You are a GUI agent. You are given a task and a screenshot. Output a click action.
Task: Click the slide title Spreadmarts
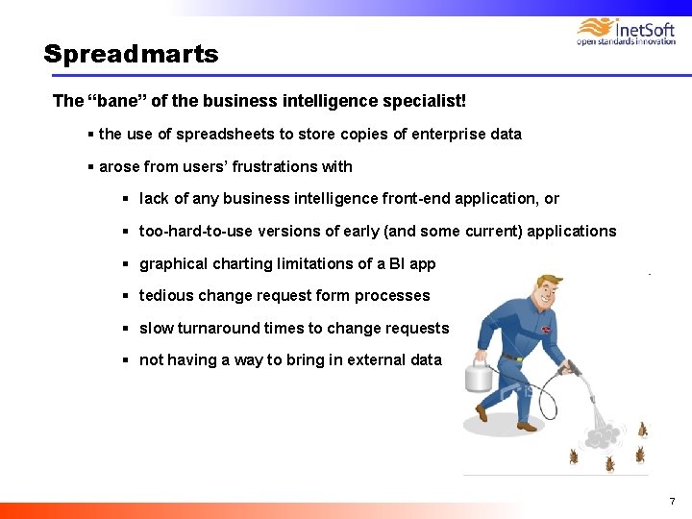click(x=131, y=55)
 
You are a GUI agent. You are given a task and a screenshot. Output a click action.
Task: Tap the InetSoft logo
click(x=625, y=31)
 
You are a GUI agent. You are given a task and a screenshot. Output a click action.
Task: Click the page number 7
click(x=672, y=502)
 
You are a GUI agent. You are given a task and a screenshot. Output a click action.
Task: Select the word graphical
click(x=171, y=264)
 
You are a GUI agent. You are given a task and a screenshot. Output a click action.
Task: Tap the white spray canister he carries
click(x=479, y=374)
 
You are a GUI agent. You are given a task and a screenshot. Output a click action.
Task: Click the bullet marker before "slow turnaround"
click(x=126, y=329)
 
